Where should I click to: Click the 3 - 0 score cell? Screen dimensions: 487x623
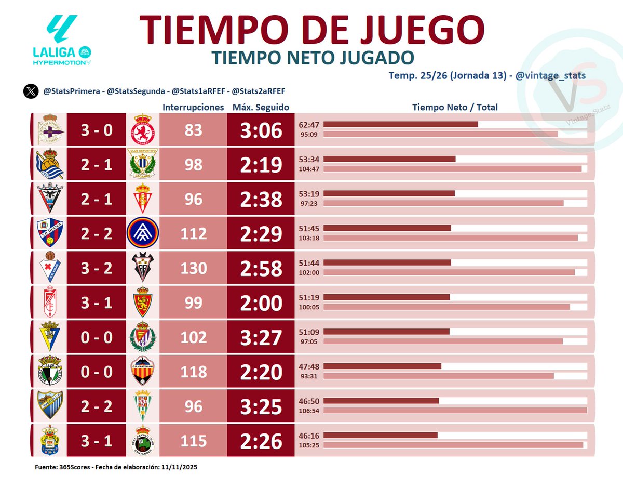coord(96,130)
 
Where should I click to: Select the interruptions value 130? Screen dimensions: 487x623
coord(193,268)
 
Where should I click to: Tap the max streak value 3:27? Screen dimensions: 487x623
coord(261,338)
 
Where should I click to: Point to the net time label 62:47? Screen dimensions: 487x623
coord(309,125)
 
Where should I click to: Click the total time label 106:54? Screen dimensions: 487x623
coord(309,410)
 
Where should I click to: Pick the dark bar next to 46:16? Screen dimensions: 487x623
coord(381,435)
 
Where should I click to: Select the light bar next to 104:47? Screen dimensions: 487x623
coord(452,168)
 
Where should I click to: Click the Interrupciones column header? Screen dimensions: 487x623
coord(193,108)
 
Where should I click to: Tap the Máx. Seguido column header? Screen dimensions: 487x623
coord(261,108)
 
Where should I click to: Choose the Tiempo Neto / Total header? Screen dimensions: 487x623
coord(455,108)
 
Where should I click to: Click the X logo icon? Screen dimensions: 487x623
coord(31,91)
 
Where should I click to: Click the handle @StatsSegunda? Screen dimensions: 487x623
coord(134,91)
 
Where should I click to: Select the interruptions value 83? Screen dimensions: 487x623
coord(193,130)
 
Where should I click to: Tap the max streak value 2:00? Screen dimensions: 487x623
coord(261,303)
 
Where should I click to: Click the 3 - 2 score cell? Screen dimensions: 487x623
coord(96,268)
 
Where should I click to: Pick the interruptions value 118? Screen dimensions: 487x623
coord(193,372)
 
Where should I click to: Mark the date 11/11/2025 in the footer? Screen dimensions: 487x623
coord(179,468)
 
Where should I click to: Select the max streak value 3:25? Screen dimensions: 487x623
coord(261,406)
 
